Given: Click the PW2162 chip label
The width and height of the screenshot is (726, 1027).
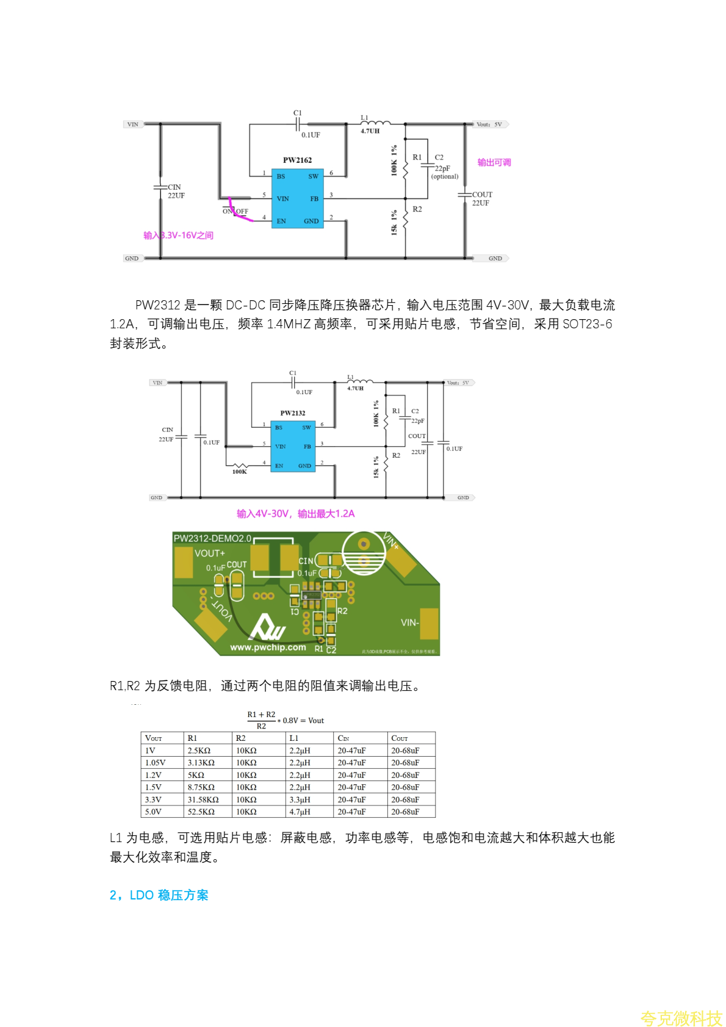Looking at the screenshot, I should pos(297,160).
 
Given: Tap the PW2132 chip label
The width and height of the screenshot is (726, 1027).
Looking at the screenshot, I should pos(293,413).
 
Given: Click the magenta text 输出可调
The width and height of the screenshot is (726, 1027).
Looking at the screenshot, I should pos(494,162).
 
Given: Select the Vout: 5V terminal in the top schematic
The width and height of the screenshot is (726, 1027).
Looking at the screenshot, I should pos(489,124).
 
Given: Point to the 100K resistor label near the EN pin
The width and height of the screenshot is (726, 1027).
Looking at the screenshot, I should pos(239,472).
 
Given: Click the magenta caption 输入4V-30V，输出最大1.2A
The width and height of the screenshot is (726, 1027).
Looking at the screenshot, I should pos(295,514).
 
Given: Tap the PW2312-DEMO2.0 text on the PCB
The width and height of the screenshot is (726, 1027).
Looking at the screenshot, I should pos(212,538).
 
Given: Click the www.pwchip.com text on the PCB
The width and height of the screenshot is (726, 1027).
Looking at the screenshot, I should pos(268,647).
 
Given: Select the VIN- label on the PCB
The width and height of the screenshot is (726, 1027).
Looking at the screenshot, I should pos(409,622).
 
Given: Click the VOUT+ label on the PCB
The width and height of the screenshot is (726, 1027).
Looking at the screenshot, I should pos(210,553).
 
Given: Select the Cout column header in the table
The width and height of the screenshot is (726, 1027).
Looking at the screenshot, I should pos(400,738).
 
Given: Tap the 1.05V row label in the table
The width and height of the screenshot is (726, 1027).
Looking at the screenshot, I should pos(156,763).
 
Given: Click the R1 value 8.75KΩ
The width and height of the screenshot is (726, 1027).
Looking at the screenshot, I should pos(201,787).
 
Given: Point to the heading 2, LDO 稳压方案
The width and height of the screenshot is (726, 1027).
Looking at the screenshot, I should pos(159,895).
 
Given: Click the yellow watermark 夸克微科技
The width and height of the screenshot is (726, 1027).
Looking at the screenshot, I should pos(681,1018).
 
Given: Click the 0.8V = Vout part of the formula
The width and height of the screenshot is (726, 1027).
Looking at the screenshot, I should pos(303,721).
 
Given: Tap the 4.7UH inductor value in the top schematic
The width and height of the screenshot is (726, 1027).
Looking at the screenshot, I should pos(370,131).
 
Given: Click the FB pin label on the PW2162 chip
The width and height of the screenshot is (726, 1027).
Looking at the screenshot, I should pos(314,199).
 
